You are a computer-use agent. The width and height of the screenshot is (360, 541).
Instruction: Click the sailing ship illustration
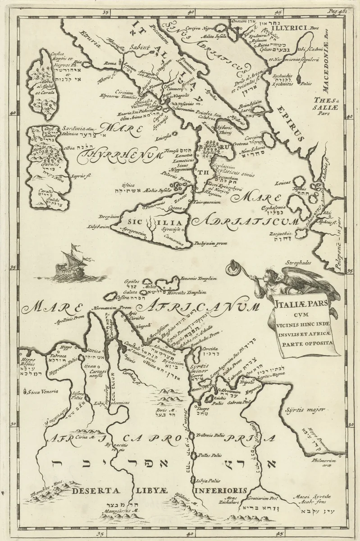69,262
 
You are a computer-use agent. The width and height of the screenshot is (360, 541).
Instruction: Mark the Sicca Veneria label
44,391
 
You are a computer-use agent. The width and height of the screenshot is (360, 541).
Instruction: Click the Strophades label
298,262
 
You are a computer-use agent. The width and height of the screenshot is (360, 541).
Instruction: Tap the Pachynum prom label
210,243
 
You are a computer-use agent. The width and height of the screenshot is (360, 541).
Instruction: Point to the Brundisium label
250,102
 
